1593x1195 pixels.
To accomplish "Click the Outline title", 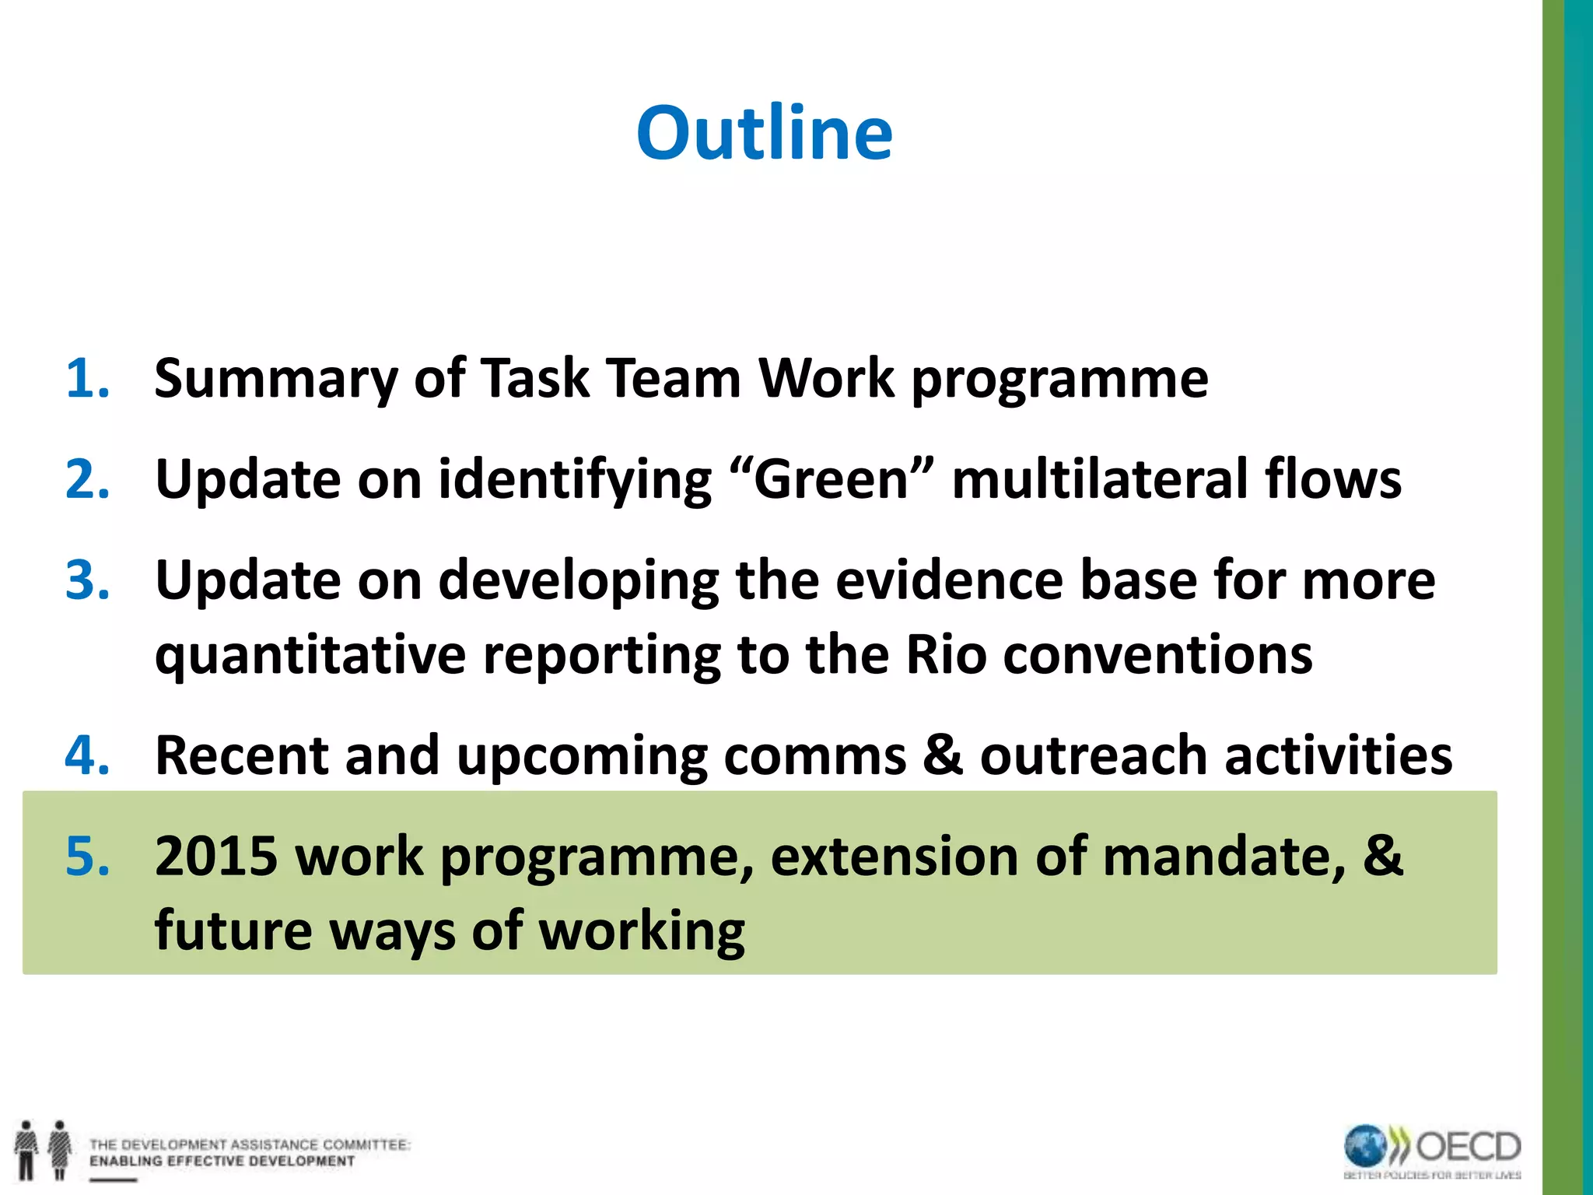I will pyautogui.click(x=765, y=133).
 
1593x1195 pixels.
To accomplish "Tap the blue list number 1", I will pyautogui.click(x=87, y=379).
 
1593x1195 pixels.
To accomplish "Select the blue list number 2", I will pyautogui.click(x=87, y=479).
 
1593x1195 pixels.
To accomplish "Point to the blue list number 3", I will pyautogui.click(x=87, y=580).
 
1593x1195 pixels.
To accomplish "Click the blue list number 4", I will pyautogui.click(x=87, y=755).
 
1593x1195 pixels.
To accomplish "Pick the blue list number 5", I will pyautogui.click(x=87, y=856).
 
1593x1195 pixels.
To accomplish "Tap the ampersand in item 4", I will pyautogui.click(x=943, y=755).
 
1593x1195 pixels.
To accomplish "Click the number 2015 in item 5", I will pyautogui.click(x=216, y=856).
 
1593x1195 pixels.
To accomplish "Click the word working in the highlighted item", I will pyautogui.click(x=642, y=930).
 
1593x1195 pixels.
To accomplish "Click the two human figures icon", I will pyautogui.click(x=44, y=1149).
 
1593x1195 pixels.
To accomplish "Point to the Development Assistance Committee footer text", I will pyautogui.click(x=249, y=1152).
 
